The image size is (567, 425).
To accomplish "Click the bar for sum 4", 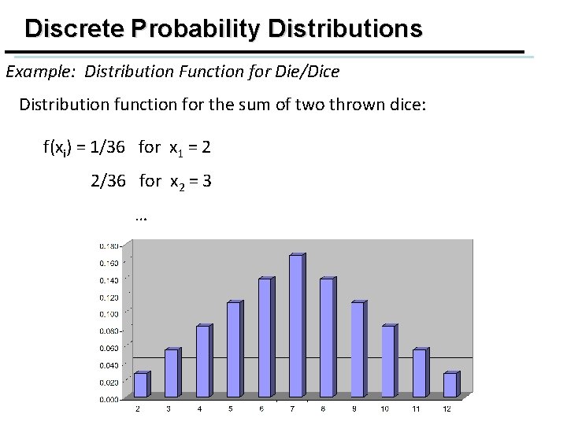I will click(x=202, y=360).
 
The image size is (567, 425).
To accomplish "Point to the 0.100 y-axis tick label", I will click(x=108, y=313).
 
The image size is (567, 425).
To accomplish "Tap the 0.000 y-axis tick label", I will click(x=108, y=399).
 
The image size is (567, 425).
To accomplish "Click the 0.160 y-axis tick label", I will click(x=108, y=263).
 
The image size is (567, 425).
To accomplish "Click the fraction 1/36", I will click(x=113, y=147).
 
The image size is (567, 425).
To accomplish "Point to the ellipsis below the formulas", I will click(x=142, y=216).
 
